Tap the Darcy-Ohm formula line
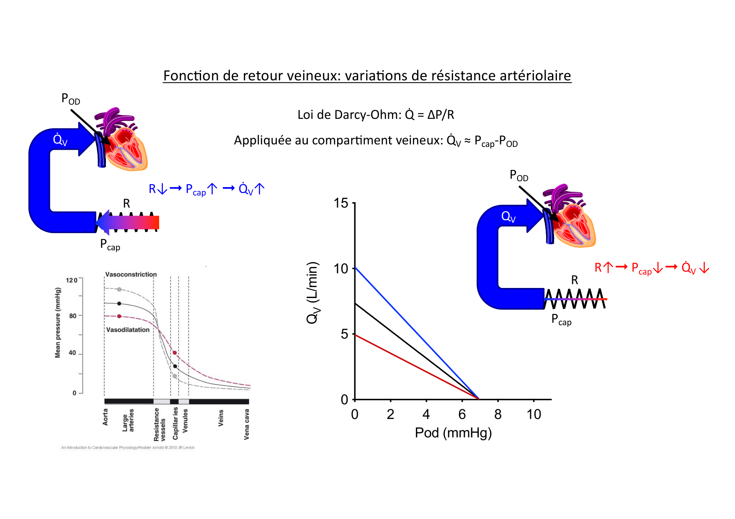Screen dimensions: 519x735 click(376, 115)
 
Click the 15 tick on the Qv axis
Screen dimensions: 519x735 click(341, 203)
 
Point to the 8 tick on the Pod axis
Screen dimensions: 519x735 click(498, 414)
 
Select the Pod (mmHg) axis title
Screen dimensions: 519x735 click(453, 432)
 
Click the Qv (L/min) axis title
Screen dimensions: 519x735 click(313, 293)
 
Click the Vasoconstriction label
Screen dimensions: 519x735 click(131, 275)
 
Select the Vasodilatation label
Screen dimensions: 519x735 click(128, 330)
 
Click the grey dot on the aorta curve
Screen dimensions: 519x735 click(119, 289)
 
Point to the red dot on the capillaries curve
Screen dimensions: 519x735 click(175, 353)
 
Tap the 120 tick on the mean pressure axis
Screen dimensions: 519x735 click(72, 280)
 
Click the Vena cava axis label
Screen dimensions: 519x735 click(247, 424)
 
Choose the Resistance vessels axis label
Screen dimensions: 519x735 click(159, 424)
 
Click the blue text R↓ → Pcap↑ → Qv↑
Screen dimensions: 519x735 click(206, 189)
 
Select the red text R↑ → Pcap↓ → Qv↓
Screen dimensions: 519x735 click(652, 268)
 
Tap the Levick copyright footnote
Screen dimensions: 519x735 click(128, 447)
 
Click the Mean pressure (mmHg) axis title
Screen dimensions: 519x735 click(58, 322)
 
